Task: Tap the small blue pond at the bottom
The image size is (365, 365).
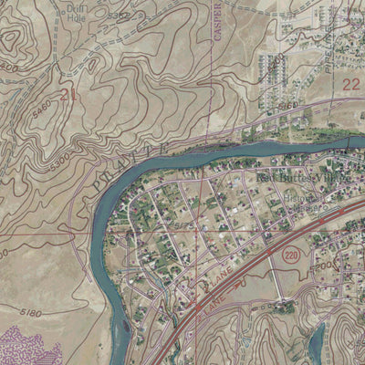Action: (316, 342)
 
